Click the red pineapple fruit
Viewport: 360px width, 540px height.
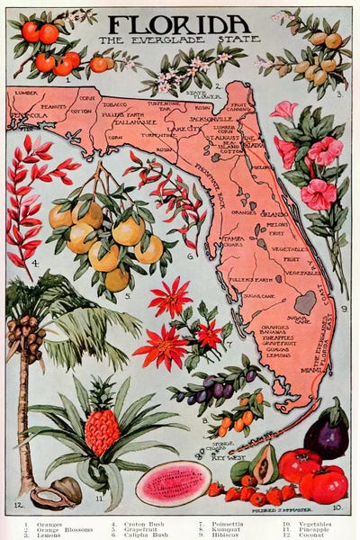coord(102,432)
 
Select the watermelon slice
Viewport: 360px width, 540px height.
coord(173,483)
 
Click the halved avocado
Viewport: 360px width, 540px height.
coord(263,463)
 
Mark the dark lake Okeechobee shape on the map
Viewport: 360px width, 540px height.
coord(305,303)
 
